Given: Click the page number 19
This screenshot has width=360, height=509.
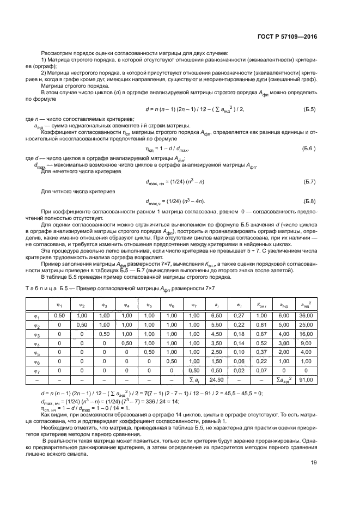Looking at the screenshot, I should pos(313,478).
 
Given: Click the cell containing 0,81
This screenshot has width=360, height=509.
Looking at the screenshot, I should pos(260,324).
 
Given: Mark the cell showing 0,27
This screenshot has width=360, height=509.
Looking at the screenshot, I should pos(238,315).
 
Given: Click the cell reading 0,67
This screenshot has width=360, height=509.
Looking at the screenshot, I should pos(260,334).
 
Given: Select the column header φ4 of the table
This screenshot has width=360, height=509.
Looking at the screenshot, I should pos(126,304).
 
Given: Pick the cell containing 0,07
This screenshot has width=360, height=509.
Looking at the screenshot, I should pos(260,370).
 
